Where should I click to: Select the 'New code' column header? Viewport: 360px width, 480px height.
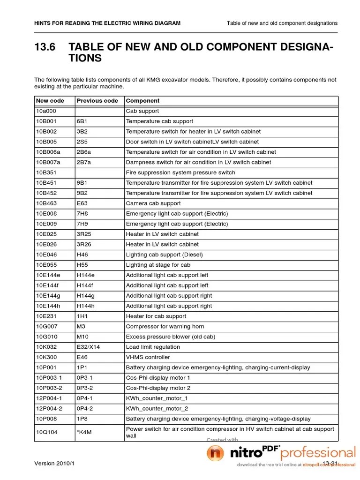coord(49,101)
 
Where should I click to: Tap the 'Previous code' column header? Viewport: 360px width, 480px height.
coord(97,101)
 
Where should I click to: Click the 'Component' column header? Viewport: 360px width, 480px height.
coord(142,101)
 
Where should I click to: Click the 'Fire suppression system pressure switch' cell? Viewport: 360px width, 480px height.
coord(180,172)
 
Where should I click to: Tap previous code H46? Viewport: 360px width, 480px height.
coord(82,255)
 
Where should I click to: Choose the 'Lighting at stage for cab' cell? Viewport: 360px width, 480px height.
coord(158,265)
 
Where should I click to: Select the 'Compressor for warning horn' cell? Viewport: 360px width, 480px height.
coord(165,327)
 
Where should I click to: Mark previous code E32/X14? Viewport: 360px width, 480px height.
coord(89,347)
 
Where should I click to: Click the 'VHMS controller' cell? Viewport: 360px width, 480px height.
coord(148,357)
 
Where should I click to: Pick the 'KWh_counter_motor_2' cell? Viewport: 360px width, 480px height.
coord(157,409)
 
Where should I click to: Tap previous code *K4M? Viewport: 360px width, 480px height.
coord(84,432)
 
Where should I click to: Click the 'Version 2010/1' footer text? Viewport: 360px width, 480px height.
coord(54,464)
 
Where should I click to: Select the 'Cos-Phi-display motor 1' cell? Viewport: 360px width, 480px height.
coord(158,378)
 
